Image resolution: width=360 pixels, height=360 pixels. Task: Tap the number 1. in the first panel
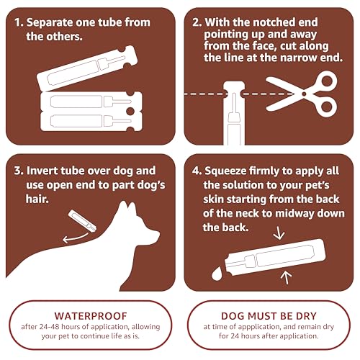[x=19, y=22]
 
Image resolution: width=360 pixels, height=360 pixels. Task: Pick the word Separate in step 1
[x=56, y=22]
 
